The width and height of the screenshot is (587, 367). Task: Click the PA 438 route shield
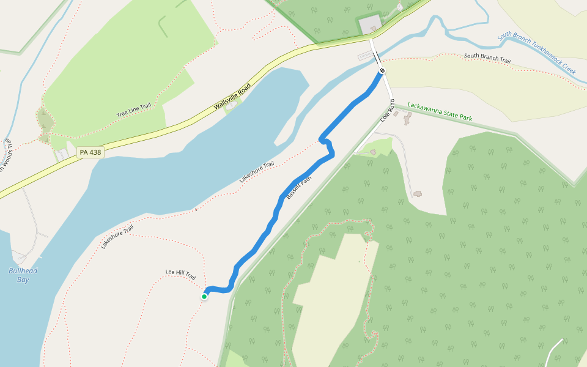90,152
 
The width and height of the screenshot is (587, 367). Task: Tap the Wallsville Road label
232,96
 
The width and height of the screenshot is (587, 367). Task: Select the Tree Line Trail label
133,111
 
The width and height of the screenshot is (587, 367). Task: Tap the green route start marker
204,297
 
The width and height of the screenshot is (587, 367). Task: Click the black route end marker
382,71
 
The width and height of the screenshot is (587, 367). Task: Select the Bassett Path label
299,189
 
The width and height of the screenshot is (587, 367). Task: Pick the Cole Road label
388,109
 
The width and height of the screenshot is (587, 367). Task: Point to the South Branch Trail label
487,58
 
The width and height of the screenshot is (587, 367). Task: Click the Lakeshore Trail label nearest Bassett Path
257,172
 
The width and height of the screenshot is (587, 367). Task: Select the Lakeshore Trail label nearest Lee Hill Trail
117,237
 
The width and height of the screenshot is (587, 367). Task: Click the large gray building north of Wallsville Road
370,25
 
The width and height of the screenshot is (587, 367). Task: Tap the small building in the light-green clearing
373,151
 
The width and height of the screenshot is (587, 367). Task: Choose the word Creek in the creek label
564,66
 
